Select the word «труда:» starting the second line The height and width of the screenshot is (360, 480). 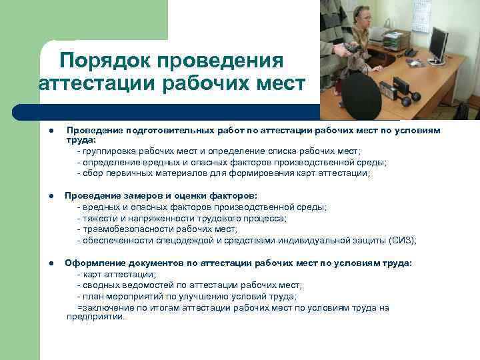click(81, 141)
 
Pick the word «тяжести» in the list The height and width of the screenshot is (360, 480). click(99, 219)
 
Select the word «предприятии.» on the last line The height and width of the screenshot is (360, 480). click(95, 317)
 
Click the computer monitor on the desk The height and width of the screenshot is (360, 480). click(438, 43)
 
